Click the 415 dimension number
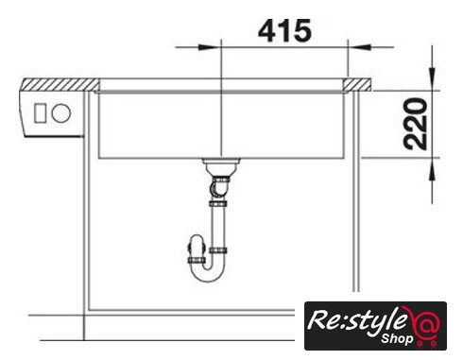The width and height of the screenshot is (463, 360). coord(284,30)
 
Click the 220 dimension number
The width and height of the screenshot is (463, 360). coord(416,124)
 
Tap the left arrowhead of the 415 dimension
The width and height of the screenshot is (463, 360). coord(209,47)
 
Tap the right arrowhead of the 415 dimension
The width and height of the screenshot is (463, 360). coord(359,47)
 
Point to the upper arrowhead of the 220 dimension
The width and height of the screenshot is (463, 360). coord(432,78)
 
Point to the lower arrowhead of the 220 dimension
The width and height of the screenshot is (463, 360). coord(432,169)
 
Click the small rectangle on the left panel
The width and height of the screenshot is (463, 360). coord(41,113)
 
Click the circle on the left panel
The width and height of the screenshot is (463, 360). coord(61,113)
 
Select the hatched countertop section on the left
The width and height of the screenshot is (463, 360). coord(60,85)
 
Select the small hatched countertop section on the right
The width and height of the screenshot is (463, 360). coord(357,84)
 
